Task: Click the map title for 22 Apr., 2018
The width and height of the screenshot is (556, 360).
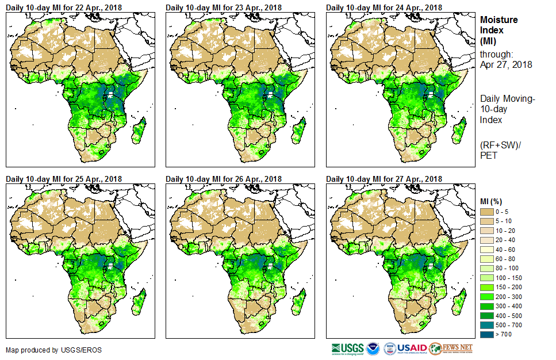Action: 64,7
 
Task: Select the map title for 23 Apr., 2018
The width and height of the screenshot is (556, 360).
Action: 224,7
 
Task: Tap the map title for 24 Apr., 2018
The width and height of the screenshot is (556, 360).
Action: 384,7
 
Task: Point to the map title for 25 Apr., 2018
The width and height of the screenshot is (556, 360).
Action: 64,179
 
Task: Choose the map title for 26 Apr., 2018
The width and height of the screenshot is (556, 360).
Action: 224,179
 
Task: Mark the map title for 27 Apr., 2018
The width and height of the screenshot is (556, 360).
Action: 384,179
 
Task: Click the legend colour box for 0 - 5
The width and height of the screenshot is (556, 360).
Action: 487,212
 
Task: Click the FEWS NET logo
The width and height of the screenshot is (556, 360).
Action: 451,348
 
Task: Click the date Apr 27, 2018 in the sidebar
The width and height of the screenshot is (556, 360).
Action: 506,64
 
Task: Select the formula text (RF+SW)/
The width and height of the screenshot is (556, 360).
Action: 500,144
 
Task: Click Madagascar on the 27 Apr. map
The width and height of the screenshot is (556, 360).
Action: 459,304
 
